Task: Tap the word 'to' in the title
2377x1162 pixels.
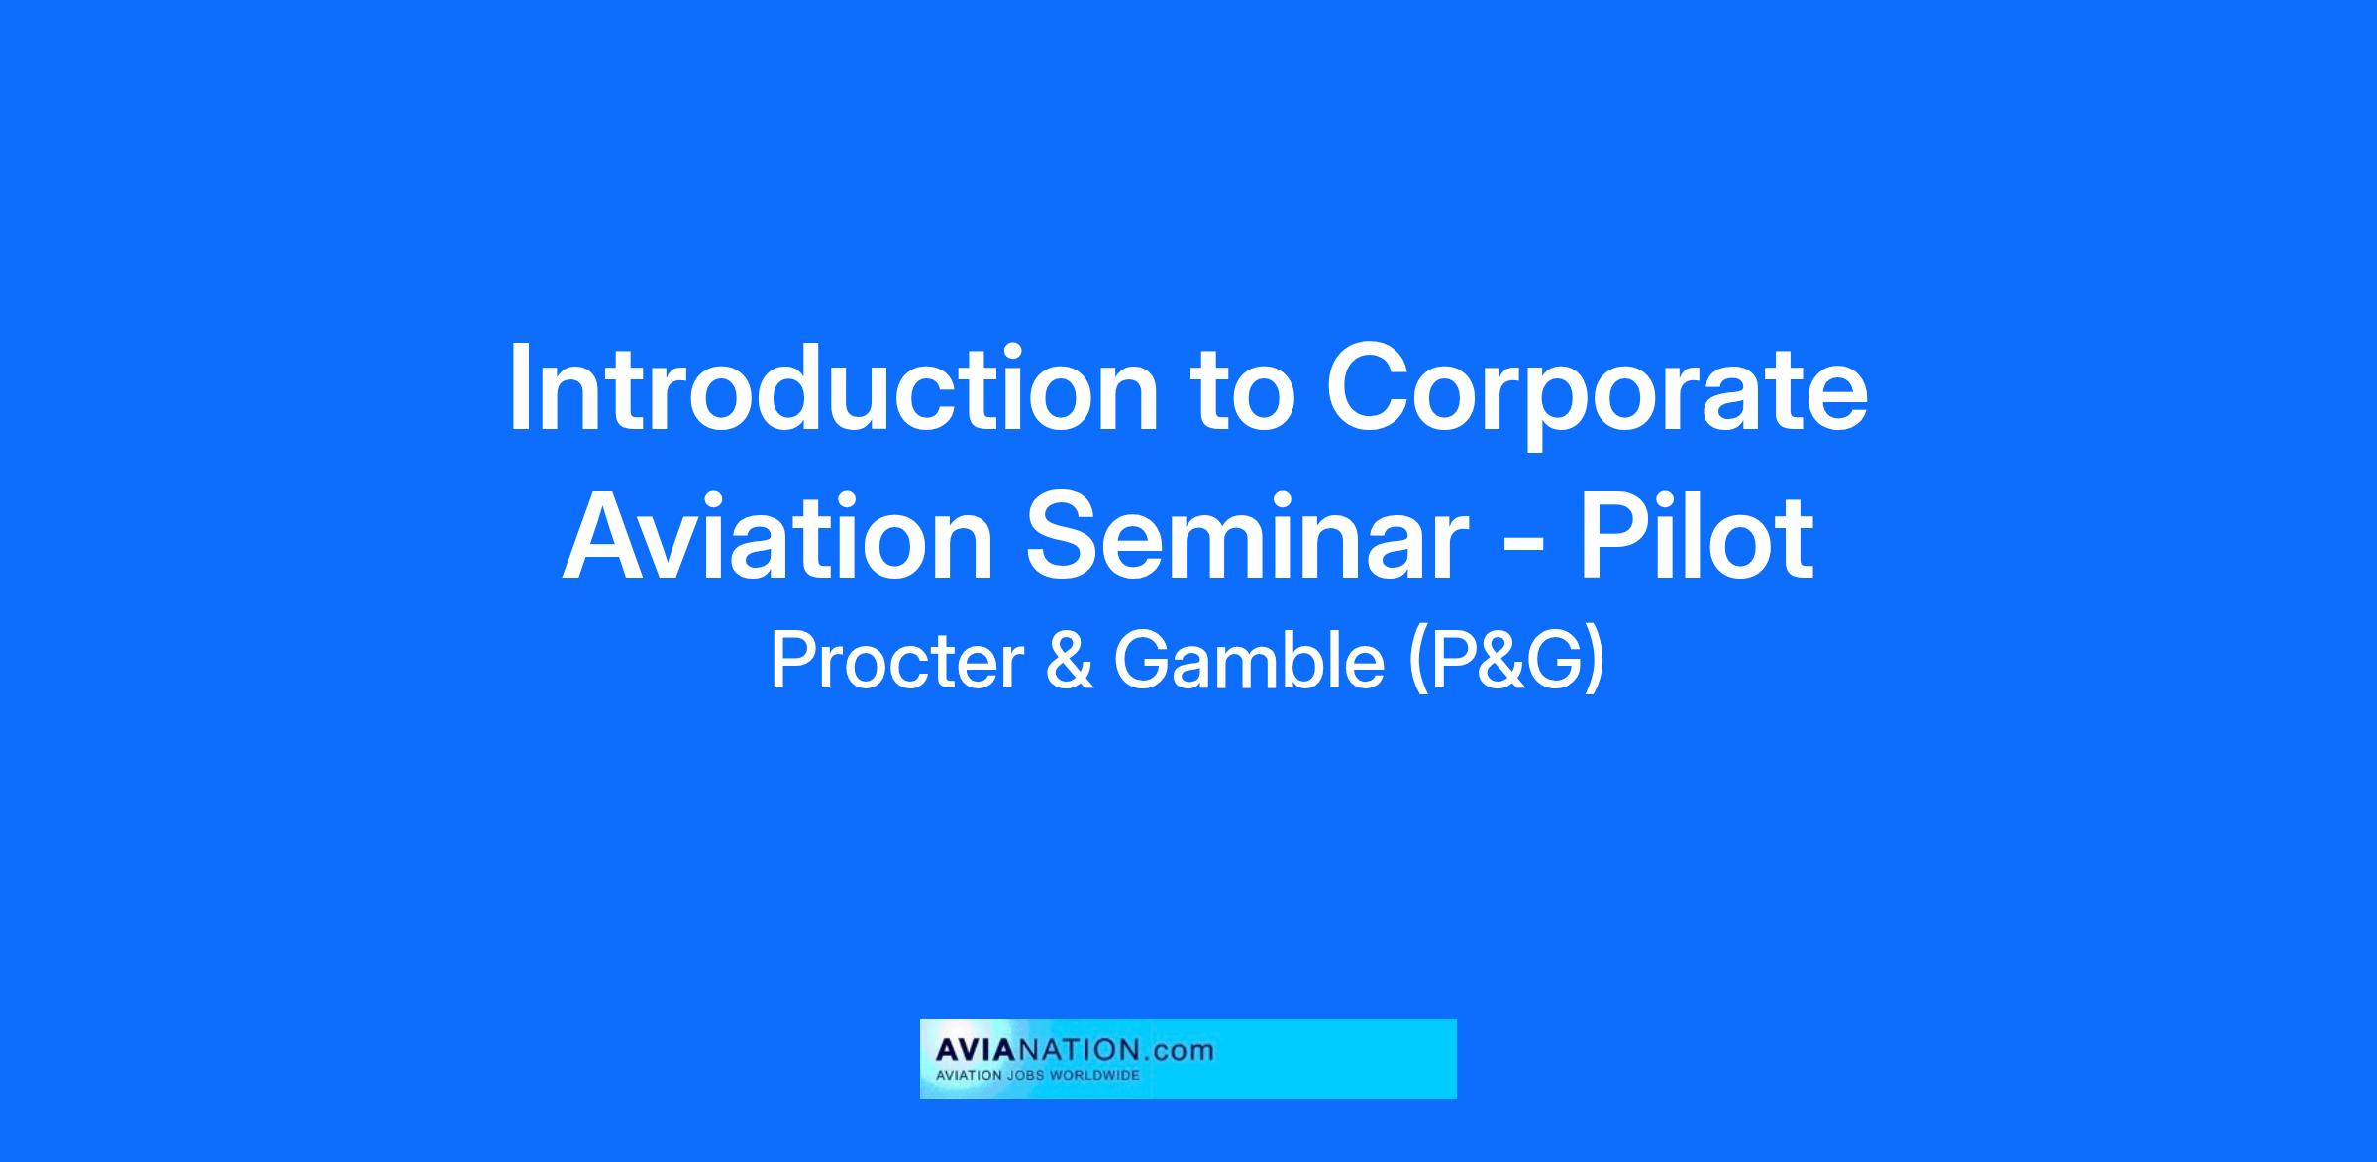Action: click(1246, 392)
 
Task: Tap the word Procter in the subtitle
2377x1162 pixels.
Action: click(896, 663)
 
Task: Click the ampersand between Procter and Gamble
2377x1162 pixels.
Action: click(1069, 663)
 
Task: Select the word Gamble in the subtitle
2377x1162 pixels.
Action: click(1248, 663)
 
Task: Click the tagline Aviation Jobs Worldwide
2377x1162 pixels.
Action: click(1037, 1076)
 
